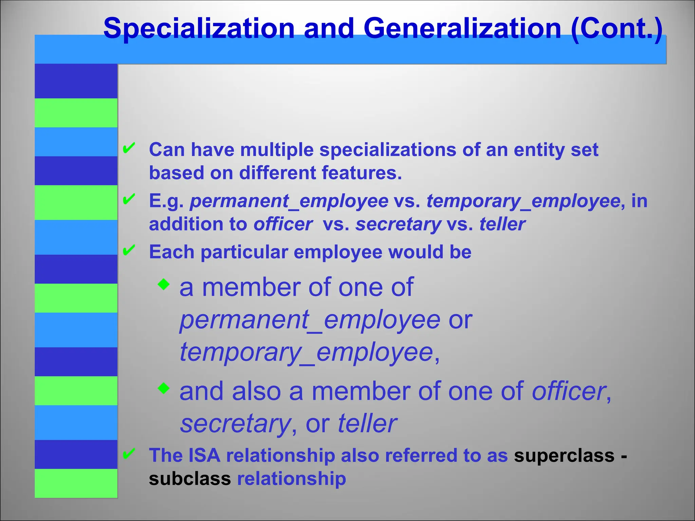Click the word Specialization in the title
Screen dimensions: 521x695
pos(199,28)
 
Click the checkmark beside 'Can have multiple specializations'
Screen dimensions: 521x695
pos(129,148)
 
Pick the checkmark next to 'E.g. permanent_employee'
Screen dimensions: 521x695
pos(129,199)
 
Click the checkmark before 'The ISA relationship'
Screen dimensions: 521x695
pos(129,454)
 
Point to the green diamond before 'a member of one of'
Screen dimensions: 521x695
pos(164,284)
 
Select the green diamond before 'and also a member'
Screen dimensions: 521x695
pos(164,388)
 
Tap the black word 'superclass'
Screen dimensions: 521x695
pos(564,455)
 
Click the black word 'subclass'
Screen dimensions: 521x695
pos(190,479)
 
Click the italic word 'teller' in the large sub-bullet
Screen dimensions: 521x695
pos(367,424)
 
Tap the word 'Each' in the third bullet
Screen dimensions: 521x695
pos(172,252)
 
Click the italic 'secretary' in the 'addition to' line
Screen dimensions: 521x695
pos(398,224)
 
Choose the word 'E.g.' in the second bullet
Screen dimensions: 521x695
pos(166,201)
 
